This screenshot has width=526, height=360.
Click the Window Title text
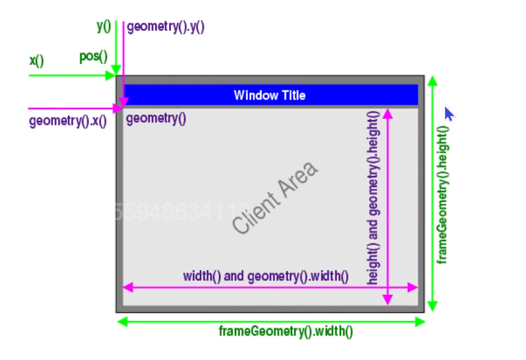point(269,95)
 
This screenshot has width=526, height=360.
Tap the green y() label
point(104,27)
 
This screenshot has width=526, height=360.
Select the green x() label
point(37,61)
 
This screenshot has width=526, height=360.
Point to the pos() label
point(93,57)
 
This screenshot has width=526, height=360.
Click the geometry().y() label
point(166,28)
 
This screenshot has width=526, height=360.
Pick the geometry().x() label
point(67,121)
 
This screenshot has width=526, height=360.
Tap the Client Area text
point(275,197)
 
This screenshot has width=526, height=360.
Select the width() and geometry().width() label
point(266,275)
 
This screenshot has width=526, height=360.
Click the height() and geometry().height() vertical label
point(373,197)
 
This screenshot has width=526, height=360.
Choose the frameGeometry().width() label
point(286,331)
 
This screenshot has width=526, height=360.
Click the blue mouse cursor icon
point(449,114)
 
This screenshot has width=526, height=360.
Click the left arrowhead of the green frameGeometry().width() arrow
point(123,322)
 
